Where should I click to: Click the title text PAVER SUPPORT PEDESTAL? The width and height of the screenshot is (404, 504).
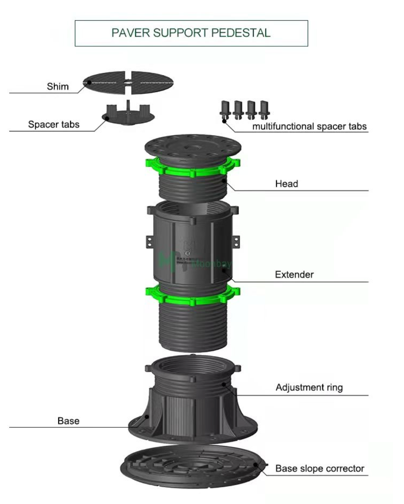191,33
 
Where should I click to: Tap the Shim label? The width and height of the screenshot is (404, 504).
58,86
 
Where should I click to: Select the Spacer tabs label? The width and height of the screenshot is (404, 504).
54,124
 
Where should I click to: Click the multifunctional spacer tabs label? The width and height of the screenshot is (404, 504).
309,126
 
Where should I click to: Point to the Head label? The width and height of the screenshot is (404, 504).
286,184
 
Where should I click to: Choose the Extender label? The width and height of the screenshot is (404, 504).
294,275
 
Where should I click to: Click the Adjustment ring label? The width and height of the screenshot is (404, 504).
309,387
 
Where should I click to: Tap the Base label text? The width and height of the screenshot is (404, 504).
68,421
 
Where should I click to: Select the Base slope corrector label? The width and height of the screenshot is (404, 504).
320,469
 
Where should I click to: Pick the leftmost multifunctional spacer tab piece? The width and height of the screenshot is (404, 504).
225,109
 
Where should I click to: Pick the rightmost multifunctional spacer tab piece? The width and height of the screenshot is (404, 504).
264,109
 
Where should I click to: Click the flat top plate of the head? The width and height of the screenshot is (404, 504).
193,146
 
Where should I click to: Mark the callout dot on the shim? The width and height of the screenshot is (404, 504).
89,82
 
